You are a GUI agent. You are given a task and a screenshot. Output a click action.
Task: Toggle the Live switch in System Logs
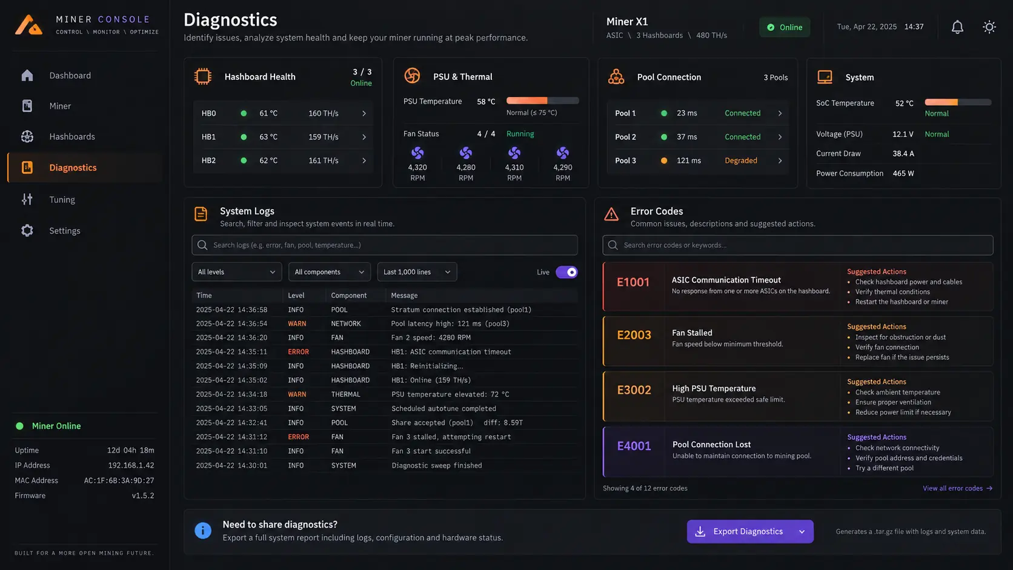tap(566, 272)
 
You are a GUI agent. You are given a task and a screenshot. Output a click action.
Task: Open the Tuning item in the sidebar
tap(62, 199)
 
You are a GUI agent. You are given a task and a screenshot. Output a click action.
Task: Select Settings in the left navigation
tap(65, 231)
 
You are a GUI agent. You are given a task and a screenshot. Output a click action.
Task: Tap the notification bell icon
tap(957, 27)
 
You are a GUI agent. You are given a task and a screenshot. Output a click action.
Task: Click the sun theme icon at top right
tap(989, 27)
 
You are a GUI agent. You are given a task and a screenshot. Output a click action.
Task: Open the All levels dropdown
tap(236, 272)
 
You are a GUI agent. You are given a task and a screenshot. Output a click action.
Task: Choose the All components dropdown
tap(329, 272)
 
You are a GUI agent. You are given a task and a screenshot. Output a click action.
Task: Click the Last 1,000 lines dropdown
tap(417, 272)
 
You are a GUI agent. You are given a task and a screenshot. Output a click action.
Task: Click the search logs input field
tap(384, 245)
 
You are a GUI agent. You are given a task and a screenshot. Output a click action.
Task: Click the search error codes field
tap(798, 245)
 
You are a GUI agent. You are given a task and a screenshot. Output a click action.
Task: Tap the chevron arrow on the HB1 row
tap(364, 137)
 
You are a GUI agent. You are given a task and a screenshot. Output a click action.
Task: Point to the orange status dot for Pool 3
tap(664, 161)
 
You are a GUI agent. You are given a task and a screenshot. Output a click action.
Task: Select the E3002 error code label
tap(634, 390)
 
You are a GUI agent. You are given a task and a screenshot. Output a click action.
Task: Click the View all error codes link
tap(957, 488)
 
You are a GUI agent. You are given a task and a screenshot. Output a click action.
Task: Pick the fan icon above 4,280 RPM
tap(466, 153)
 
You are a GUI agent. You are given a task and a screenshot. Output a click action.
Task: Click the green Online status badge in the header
tap(785, 27)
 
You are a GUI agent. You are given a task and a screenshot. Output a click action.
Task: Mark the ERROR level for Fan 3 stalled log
tap(299, 437)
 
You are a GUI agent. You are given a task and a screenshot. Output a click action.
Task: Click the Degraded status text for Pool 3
tap(741, 161)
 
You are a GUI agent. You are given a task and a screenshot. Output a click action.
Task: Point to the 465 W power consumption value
tap(903, 174)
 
